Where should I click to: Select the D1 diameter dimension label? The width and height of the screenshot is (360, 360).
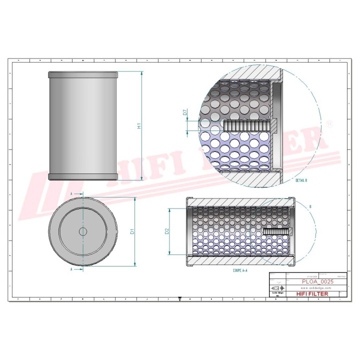click(x=132, y=231)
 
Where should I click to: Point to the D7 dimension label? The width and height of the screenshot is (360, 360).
click(x=185, y=113)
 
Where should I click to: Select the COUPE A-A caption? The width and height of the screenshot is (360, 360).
click(x=240, y=269)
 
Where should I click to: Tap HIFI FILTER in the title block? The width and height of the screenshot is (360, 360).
click(x=312, y=294)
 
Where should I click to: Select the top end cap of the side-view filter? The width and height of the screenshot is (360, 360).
click(x=83, y=74)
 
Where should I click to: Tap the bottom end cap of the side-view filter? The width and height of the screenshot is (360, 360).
click(x=83, y=176)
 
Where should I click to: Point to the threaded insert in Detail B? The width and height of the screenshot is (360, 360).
click(x=247, y=125)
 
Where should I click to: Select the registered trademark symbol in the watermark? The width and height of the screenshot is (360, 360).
click(x=328, y=122)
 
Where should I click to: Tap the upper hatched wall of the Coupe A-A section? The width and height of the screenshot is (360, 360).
click(x=240, y=201)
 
